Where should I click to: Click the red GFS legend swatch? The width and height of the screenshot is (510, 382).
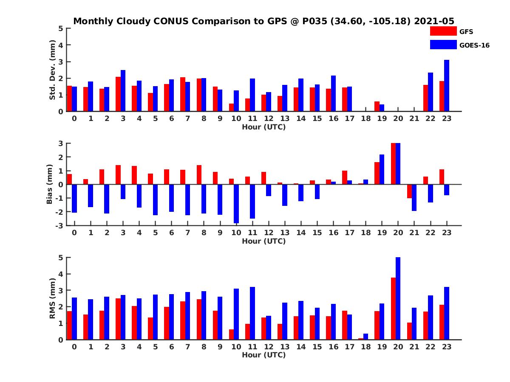point(443,31)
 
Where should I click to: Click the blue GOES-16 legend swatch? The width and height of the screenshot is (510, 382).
point(443,45)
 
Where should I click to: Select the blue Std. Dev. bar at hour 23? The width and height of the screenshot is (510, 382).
point(447,86)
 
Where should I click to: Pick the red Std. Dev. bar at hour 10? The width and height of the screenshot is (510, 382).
point(232,107)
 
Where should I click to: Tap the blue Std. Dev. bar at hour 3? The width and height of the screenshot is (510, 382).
point(123,91)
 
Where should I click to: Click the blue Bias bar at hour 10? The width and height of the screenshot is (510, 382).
point(236,204)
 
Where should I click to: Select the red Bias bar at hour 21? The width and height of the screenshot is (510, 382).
point(409,191)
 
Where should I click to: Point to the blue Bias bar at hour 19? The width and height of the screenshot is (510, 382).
point(382,169)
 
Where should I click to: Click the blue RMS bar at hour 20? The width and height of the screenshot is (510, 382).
point(398,298)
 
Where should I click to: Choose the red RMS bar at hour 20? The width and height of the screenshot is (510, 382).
point(393,309)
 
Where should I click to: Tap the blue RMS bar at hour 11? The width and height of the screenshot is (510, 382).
point(252,313)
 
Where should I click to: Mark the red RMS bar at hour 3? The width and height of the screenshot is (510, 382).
point(118,319)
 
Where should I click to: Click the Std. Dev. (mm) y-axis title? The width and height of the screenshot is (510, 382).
point(53,70)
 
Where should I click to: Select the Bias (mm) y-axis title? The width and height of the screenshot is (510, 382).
point(49,184)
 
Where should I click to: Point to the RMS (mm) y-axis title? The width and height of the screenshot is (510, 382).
point(53,298)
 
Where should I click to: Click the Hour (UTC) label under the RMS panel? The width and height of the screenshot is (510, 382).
point(263,355)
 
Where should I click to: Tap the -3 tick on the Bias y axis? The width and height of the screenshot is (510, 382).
point(60,225)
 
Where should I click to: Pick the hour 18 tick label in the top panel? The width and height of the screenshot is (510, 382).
point(365,119)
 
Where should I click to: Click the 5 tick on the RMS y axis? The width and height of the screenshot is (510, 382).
point(61,258)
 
